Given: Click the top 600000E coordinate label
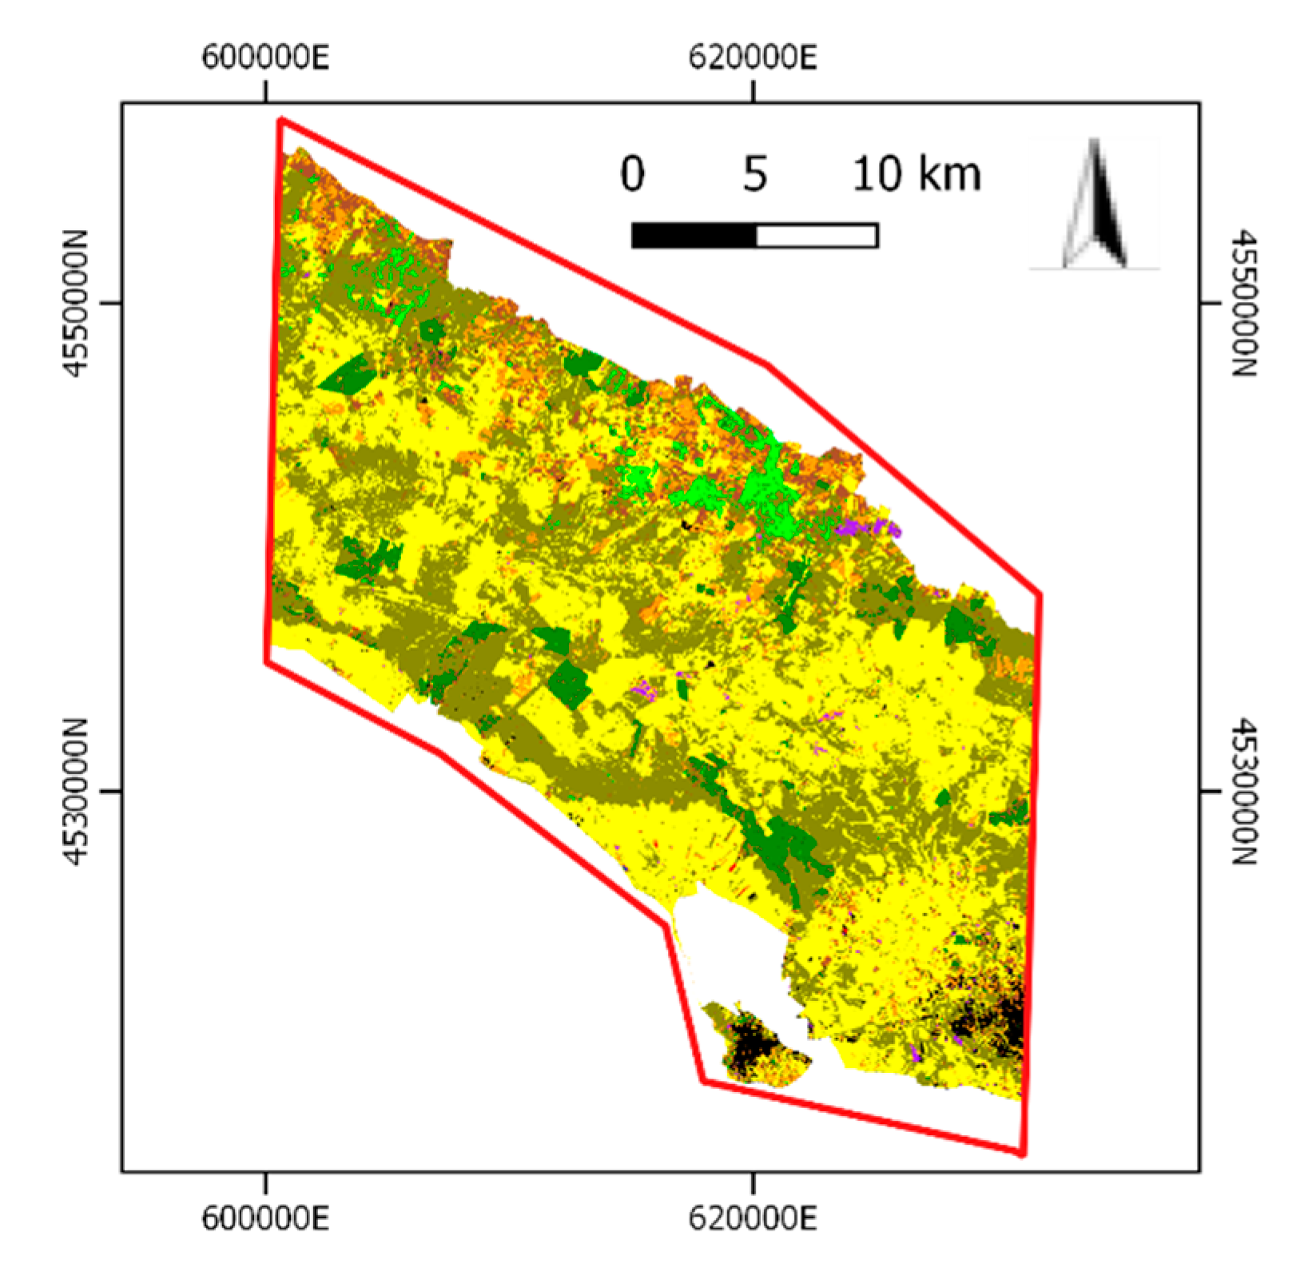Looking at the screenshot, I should tap(264, 58).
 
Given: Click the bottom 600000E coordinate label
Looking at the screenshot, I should tap(264, 1219).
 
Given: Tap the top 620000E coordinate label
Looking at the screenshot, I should tap(753, 58).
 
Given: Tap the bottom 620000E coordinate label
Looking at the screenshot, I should tap(753, 1219).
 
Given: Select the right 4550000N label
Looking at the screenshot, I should tap(1244, 304).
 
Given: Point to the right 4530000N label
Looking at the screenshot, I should tap(1244, 792).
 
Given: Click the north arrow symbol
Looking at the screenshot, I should tap(1095, 205).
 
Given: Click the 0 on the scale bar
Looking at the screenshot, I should tap(632, 174).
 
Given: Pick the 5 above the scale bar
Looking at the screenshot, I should tap(755, 174).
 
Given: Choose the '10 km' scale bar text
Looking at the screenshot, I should tap(916, 174).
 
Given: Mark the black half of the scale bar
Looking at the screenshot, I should tap(694, 236).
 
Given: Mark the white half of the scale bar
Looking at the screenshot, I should tap(817, 236).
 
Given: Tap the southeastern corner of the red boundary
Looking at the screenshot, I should tap(1022, 1153).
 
